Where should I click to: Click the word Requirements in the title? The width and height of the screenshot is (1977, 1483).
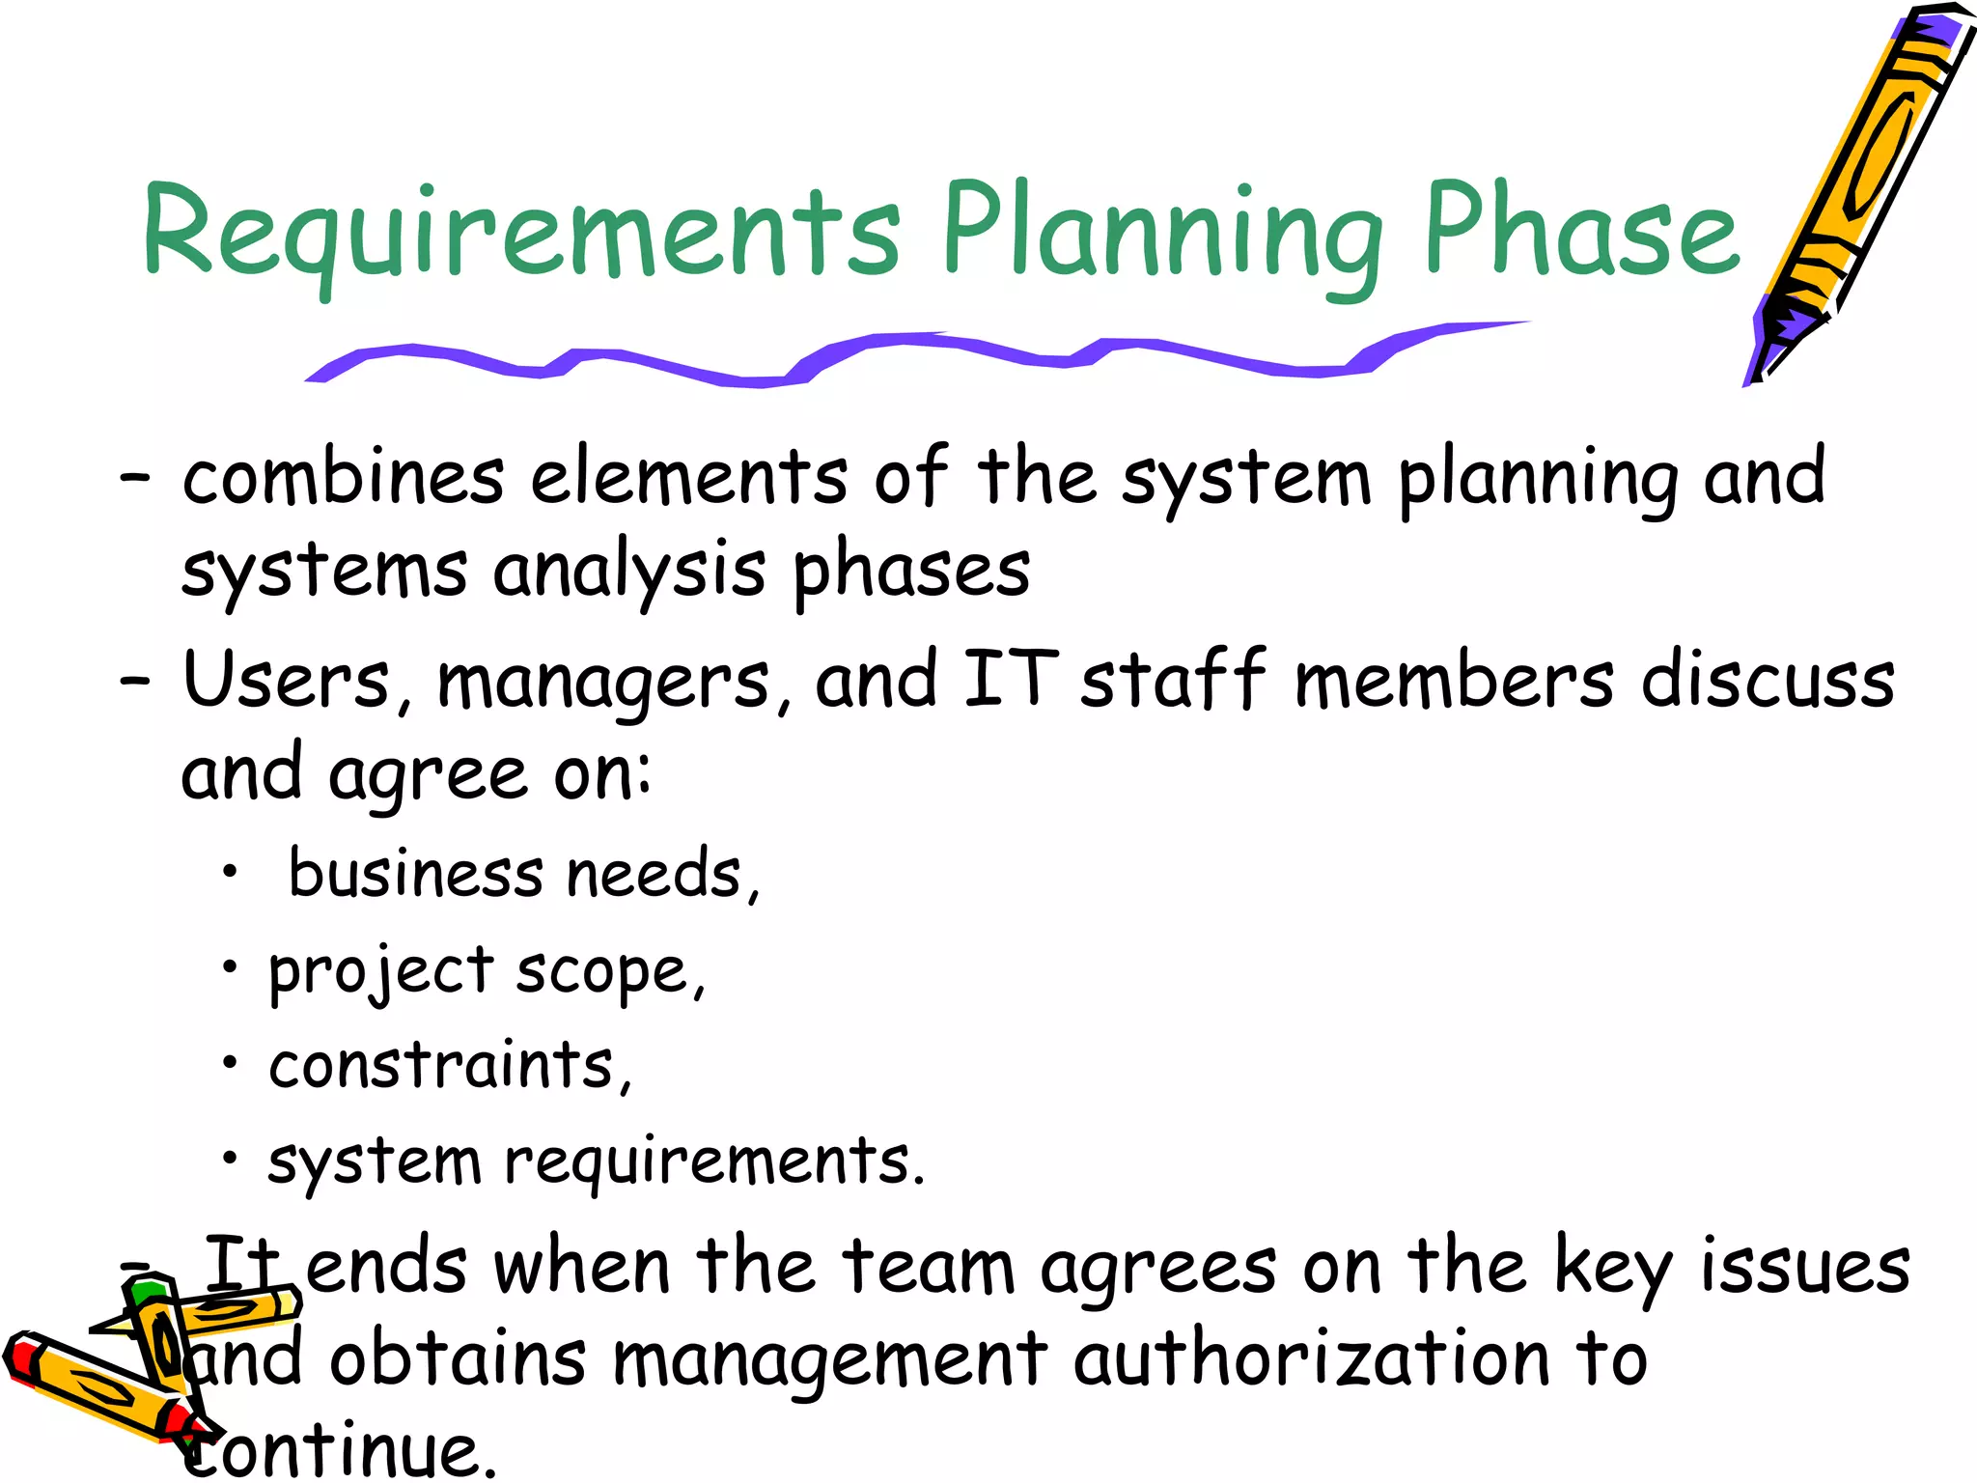pos(521,232)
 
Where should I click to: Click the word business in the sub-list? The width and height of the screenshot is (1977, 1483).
pos(416,873)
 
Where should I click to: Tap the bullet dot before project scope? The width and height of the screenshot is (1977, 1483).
pos(229,966)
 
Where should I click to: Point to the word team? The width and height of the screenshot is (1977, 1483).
pos(928,1266)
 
